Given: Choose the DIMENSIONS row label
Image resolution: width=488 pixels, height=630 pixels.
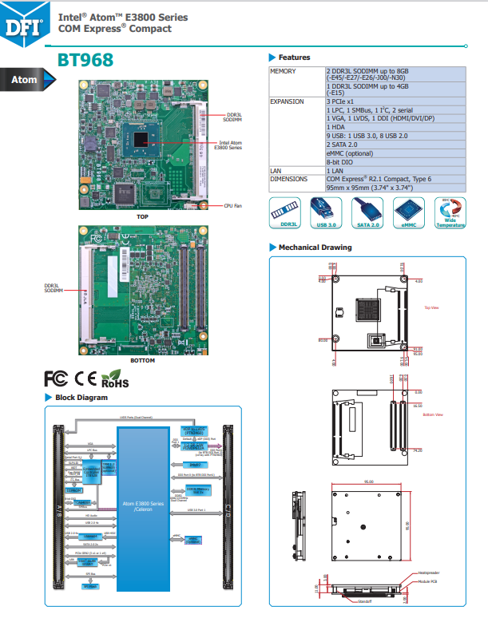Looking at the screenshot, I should point(288,180).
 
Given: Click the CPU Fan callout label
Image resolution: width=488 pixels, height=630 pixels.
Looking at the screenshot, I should point(232,205).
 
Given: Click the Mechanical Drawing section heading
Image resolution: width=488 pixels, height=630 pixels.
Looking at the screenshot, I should point(315,248).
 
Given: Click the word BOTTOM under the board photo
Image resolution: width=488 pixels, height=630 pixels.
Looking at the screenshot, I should point(142,360).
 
